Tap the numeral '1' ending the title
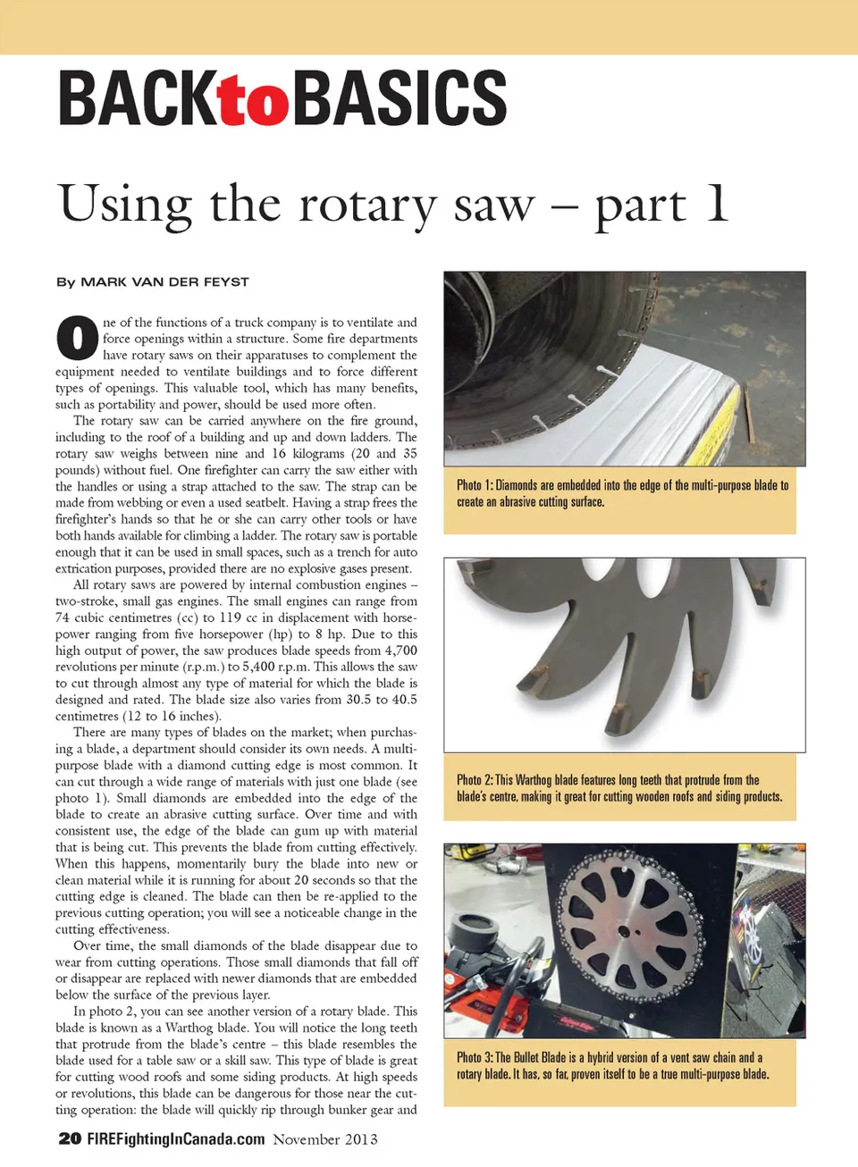[716, 202]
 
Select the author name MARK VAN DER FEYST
[164, 281]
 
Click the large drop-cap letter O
[77, 338]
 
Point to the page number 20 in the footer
[70, 1138]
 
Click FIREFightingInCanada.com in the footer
[176, 1138]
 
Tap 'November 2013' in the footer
[325, 1139]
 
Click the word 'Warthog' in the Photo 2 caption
[534, 780]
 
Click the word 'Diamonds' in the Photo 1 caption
[516, 485]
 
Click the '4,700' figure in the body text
[400, 651]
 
